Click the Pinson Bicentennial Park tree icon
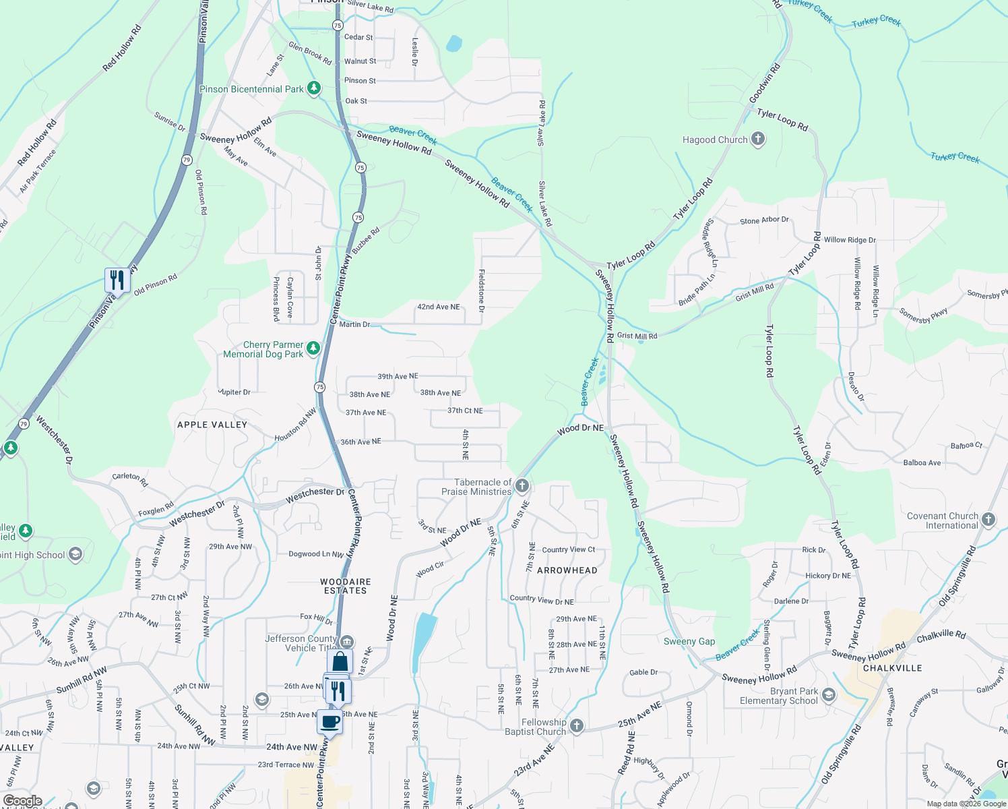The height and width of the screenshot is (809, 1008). pos(313,88)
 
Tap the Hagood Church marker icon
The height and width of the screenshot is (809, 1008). pos(758,140)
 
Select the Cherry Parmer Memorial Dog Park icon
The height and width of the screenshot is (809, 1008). pos(313,349)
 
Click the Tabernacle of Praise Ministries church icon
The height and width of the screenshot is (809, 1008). pos(522,486)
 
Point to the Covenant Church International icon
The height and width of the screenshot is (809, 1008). pos(988,519)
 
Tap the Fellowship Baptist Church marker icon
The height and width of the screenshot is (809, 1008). pos(576,726)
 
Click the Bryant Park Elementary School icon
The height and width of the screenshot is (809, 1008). pos(829,694)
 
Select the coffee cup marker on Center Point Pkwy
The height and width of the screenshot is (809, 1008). pos(330,722)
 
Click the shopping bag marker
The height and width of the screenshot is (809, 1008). pos(340,661)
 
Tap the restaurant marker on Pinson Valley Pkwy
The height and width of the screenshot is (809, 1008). pos(117,279)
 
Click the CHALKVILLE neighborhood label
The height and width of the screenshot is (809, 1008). pos(893,668)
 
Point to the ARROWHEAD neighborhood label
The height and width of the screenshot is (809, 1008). pos(567,570)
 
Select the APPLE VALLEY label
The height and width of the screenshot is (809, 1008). pos(212,425)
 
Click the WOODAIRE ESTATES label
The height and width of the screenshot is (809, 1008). pos(346,586)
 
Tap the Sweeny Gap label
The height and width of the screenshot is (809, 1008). pos(689,641)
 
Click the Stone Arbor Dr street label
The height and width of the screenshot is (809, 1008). pos(764,220)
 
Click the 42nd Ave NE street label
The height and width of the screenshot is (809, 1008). pos(439,307)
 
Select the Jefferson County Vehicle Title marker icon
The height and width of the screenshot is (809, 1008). pos(347,641)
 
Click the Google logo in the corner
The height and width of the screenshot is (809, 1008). pos(23,801)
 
